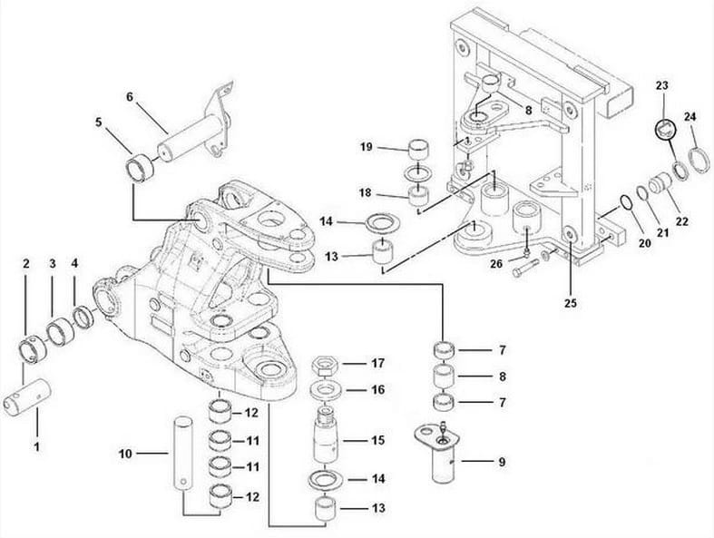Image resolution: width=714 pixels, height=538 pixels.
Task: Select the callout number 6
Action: pos(130,97)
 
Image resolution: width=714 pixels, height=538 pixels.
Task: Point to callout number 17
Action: pos(378,363)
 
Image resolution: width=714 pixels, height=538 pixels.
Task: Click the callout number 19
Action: pos(366,147)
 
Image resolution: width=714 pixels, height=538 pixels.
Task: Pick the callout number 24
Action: pos(690,117)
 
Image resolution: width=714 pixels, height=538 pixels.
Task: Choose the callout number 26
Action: pos(495,265)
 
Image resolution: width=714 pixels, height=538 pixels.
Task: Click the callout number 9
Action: pos(500,462)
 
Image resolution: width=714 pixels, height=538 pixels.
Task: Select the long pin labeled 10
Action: pos(181,452)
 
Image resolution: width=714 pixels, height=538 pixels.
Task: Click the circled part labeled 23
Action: pos(663,128)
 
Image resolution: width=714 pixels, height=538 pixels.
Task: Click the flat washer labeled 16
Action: pos(326,390)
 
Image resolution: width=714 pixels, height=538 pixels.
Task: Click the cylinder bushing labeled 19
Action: pos(418,147)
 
